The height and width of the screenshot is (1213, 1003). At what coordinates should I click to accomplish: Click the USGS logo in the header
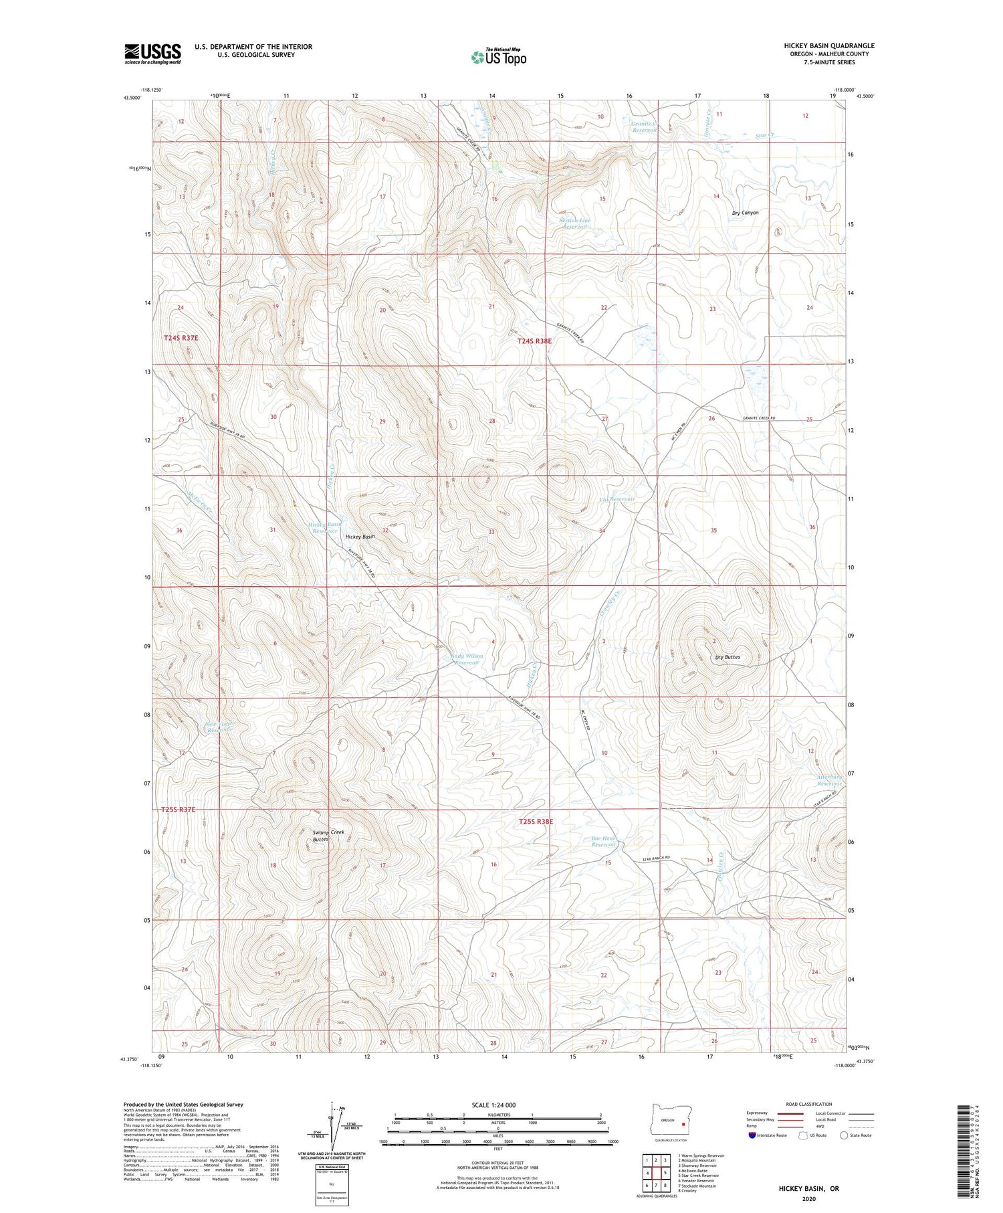point(152,54)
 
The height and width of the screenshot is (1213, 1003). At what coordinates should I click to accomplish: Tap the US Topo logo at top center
point(498,57)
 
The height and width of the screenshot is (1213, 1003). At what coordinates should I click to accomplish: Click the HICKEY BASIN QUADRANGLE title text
point(829,45)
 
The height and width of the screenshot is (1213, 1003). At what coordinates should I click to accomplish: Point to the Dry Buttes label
point(728,657)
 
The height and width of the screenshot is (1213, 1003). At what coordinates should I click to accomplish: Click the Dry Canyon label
point(745,213)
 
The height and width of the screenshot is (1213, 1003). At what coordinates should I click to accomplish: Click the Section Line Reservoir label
point(574,223)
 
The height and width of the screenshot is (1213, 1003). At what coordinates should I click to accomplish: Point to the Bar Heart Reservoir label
point(603,841)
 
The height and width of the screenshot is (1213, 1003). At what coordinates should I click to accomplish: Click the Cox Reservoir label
point(617,499)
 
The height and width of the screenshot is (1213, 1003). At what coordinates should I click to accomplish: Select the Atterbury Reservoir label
point(828,780)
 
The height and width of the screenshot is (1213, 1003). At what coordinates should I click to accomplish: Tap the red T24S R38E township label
point(534,341)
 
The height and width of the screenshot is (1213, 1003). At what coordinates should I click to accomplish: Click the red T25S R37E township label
point(179,810)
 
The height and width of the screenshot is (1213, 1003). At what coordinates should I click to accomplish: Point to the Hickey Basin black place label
point(360,537)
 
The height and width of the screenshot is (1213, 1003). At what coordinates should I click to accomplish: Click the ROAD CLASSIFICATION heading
point(809,1104)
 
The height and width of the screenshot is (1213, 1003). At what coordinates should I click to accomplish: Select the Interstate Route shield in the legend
point(752,1135)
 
